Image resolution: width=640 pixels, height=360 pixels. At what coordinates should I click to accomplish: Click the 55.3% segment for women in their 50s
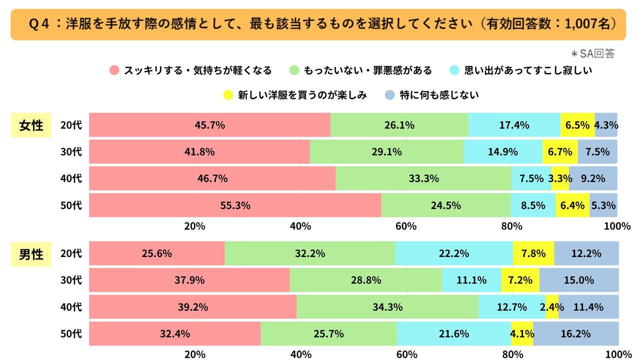[x=235, y=205]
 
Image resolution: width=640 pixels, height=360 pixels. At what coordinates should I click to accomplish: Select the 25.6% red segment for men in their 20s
[x=156, y=253]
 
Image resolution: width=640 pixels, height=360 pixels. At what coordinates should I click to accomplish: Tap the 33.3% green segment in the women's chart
[x=423, y=178]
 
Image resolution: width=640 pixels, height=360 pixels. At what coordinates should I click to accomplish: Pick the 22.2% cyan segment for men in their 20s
[x=453, y=253]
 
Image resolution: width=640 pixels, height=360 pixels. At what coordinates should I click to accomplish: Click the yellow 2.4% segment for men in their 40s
[x=552, y=307]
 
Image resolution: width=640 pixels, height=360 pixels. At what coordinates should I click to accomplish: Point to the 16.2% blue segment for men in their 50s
[x=575, y=333]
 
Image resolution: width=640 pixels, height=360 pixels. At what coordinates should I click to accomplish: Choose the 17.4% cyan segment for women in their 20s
[x=514, y=125]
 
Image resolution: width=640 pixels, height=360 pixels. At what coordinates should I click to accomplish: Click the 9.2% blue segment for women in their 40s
[x=593, y=178]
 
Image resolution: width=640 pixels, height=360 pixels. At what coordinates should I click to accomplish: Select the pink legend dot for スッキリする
[x=114, y=70]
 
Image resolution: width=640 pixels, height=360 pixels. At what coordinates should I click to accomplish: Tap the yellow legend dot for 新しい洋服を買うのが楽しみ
[x=228, y=95]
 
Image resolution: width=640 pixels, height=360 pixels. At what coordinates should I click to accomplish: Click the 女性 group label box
[x=31, y=125]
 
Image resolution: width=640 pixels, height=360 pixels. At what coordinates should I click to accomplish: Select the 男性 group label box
[x=31, y=254]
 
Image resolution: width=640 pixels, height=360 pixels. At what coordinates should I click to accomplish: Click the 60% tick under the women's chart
[x=406, y=226]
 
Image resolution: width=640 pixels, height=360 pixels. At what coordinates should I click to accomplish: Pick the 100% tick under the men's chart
[x=617, y=354]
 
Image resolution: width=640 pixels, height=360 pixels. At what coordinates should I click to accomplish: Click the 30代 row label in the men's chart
[x=70, y=280]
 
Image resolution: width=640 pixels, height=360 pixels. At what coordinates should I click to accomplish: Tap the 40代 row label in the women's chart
[x=70, y=178]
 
